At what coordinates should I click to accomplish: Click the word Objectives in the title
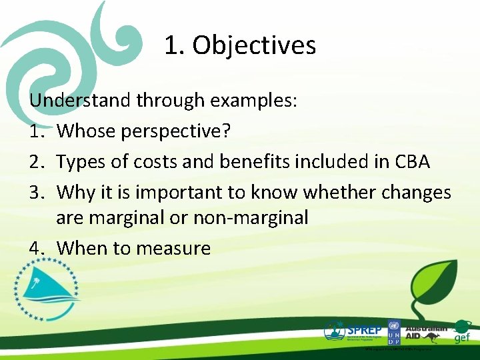(x=254, y=45)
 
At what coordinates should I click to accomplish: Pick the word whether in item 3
(x=337, y=192)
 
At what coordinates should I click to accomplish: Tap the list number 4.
(x=35, y=249)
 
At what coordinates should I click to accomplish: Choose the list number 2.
(x=35, y=161)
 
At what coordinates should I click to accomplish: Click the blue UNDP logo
(x=393, y=331)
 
